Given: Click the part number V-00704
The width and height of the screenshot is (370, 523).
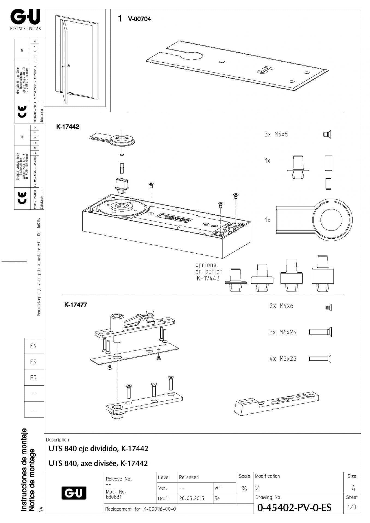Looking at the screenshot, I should [139, 19].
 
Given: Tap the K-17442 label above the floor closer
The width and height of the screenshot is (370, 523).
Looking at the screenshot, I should [68, 127].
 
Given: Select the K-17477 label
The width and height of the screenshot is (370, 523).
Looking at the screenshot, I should [76, 305].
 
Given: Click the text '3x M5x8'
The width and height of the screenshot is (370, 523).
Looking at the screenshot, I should [276, 134].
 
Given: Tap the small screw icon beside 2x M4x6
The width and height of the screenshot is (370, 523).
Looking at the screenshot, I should [328, 308].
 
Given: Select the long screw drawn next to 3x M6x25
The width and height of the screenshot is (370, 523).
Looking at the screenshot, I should [320, 332].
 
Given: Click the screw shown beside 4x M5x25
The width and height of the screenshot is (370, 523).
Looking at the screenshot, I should [320, 358].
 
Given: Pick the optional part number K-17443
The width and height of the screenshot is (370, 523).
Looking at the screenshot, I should [208, 278].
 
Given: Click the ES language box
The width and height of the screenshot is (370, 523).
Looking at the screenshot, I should [34, 362].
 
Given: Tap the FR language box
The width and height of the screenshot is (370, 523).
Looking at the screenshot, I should [34, 378].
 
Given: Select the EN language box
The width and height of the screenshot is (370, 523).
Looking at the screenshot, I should [34, 346].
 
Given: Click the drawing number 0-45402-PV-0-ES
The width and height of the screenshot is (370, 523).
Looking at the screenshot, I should [294, 507].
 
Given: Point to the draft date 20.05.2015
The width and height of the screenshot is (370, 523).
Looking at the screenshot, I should [191, 498].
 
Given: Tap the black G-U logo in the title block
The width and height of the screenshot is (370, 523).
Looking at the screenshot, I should [74, 493].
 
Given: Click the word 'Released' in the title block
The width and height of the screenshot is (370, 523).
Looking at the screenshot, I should [189, 477].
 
